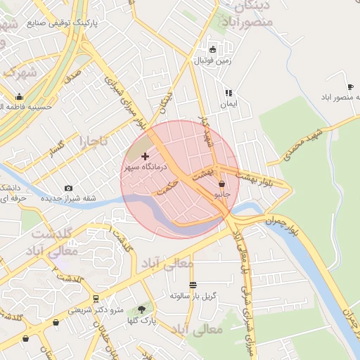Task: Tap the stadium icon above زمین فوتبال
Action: (x=213, y=49)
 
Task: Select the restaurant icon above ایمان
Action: (x=228, y=92)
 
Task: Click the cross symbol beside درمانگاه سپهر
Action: (x=146, y=155)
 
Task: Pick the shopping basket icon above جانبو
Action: (x=222, y=184)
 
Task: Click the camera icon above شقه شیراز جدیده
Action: (x=68, y=188)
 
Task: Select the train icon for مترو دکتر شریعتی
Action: (x=96, y=298)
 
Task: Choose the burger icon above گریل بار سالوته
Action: (x=193, y=285)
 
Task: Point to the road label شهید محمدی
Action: (x=302, y=144)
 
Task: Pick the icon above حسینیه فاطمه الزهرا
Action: (x=19, y=97)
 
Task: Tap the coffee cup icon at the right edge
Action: (x=350, y=86)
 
